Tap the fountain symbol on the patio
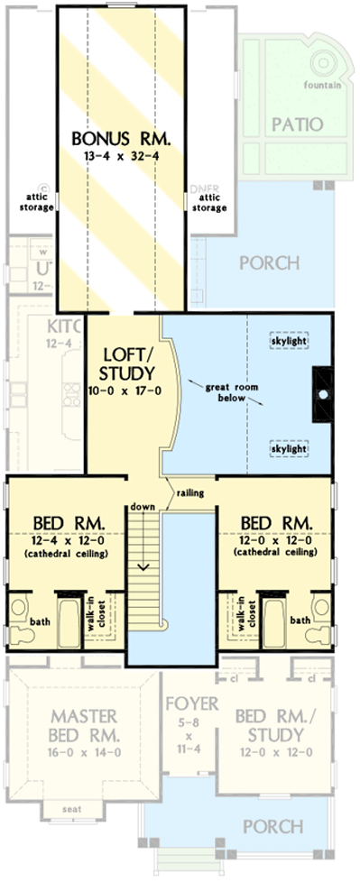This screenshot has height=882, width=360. tap(322, 64)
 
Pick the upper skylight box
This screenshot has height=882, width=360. tap(290, 342)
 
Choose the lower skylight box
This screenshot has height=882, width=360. tap(290, 447)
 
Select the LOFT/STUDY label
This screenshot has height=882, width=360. tap(122, 363)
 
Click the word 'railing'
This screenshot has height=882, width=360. tap(188, 494)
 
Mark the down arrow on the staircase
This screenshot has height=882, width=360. tap(143, 565)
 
